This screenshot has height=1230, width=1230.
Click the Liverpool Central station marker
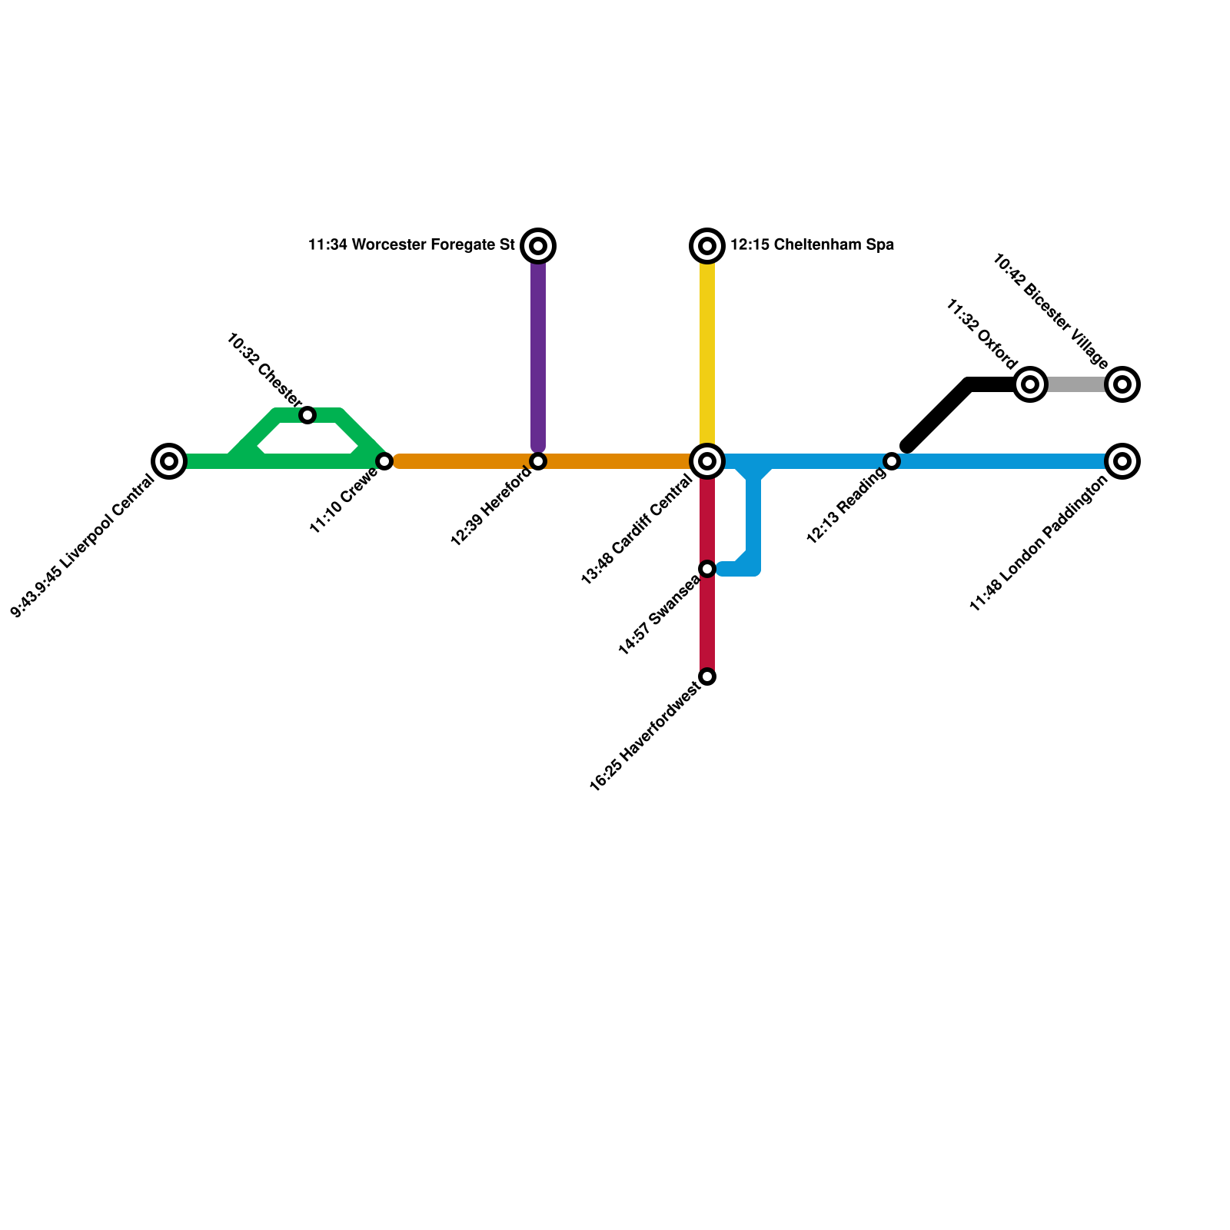[x=169, y=461]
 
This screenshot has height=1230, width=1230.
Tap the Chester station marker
[x=307, y=415]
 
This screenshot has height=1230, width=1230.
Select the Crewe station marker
[x=384, y=461]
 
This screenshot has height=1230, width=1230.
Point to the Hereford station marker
[x=538, y=461]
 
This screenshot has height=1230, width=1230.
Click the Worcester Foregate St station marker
[x=538, y=246]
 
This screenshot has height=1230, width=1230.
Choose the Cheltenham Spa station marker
[x=707, y=246]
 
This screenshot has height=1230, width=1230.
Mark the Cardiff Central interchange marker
[x=707, y=461]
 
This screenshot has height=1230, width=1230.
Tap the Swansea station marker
[x=707, y=569]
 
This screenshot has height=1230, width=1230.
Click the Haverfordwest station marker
[x=707, y=676]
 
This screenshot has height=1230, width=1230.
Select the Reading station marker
[x=892, y=461]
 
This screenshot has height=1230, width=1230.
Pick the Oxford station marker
[x=1030, y=384]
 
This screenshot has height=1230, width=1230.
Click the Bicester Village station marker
[x=1122, y=384]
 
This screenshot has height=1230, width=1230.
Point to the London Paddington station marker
[x=1122, y=461]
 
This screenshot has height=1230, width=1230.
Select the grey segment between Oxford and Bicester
[x=1076, y=384]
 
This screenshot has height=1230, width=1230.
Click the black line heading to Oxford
[x=938, y=415]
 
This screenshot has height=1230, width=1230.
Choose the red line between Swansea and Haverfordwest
[x=707, y=623]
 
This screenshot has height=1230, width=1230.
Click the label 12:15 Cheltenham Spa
[x=812, y=245]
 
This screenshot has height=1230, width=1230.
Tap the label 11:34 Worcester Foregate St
[x=411, y=245]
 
